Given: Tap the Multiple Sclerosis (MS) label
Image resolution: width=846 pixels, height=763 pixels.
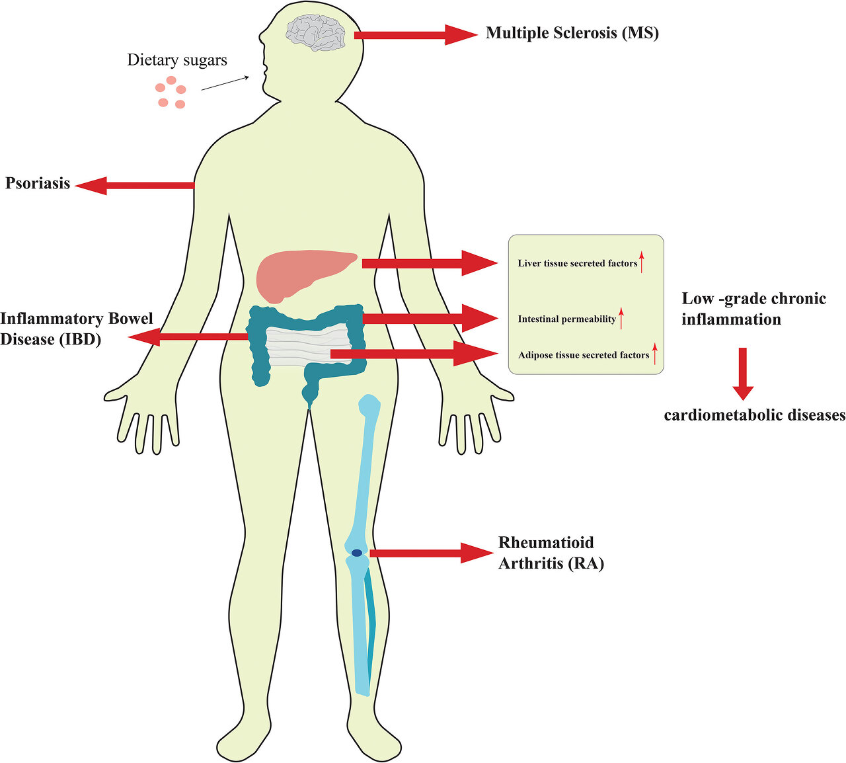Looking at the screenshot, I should (572, 33).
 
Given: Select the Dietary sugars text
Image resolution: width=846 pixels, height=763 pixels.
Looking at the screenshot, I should (177, 60).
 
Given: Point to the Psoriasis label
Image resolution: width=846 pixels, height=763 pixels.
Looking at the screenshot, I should (38, 183).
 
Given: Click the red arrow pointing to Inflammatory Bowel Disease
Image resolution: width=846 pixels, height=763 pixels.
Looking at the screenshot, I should (188, 338).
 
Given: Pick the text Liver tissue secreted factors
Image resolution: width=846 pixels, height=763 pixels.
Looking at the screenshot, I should (577, 263).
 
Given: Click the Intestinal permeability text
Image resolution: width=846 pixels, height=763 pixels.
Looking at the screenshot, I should (566, 319).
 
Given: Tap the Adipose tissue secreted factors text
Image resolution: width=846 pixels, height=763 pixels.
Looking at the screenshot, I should (583, 355).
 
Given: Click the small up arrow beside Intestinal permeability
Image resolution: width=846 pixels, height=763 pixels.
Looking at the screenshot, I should (621, 318).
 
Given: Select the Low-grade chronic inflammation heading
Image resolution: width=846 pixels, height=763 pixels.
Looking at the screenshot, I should (753, 309).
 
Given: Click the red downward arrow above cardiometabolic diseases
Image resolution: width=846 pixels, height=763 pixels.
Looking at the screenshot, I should (743, 373).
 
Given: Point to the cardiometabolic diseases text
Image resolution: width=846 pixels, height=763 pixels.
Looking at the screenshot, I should (754, 415).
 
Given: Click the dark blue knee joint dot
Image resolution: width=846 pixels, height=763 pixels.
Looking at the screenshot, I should (357, 553).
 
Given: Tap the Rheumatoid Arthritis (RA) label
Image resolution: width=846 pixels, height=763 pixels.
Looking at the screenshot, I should (550, 553).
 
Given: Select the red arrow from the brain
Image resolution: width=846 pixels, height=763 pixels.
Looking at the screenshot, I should (415, 34).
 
